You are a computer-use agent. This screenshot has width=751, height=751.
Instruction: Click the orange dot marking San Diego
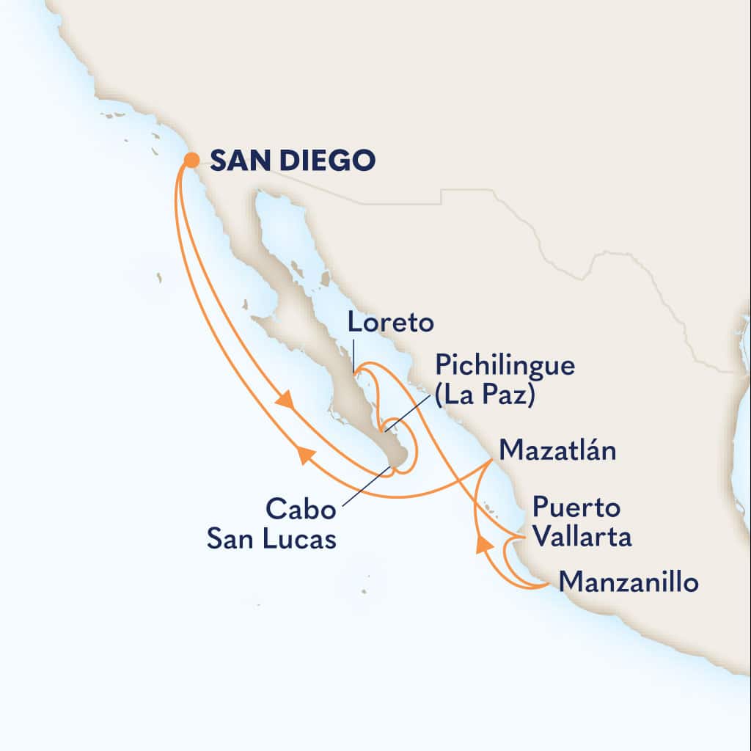(191, 160)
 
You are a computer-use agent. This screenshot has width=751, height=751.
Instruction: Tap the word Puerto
(576, 507)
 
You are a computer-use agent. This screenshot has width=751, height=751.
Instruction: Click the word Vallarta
(582, 537)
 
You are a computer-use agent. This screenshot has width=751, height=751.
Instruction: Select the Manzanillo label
(628, 583)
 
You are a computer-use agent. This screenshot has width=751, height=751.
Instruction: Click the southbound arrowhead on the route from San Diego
(286, 402)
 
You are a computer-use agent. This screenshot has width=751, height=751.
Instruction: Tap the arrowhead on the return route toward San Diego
(306, 456)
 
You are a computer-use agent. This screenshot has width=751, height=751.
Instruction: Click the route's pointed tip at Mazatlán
(491, 462)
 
